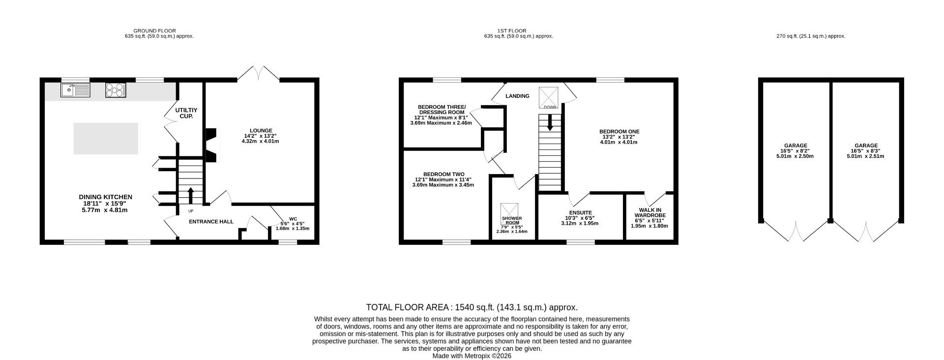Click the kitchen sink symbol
point(76,90)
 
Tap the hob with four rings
point(116,90)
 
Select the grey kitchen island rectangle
point(106,139)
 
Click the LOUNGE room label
point(260,131)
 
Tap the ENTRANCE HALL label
point(211,222)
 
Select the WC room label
point(293,219)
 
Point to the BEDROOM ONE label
point(619,132)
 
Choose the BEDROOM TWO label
point(443,175)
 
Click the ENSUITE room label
point(580,213)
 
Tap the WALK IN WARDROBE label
point(649,212)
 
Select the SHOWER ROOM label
point(512,220)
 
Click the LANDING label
point(517,96)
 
